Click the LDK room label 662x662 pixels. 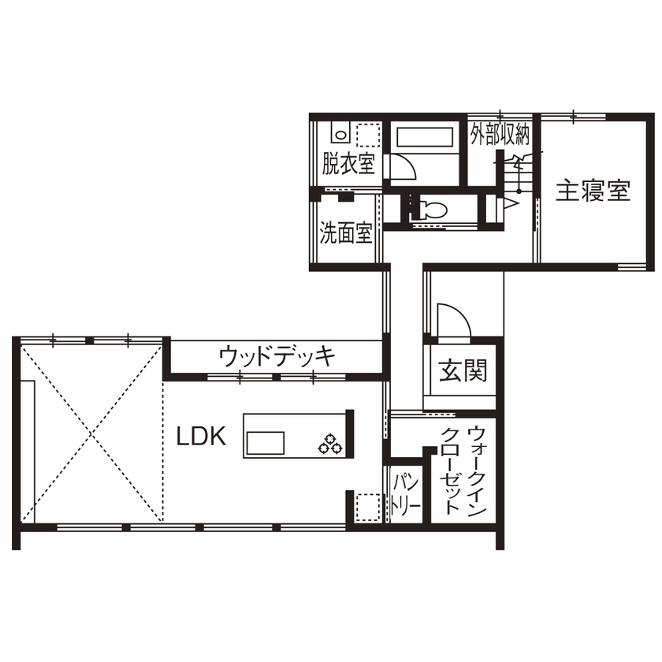click(200, 437)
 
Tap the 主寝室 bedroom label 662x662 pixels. click(593, 192)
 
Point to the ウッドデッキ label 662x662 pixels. click(277, 356)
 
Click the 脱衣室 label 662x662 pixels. click(348, 165)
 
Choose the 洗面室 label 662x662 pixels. click(345, 234)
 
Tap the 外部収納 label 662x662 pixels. click(500, 136)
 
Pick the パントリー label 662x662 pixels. click(406, 493)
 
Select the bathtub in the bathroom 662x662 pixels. click(425, 137)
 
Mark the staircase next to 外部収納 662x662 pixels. click(515, 173)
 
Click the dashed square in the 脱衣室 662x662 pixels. click(367, 136)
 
